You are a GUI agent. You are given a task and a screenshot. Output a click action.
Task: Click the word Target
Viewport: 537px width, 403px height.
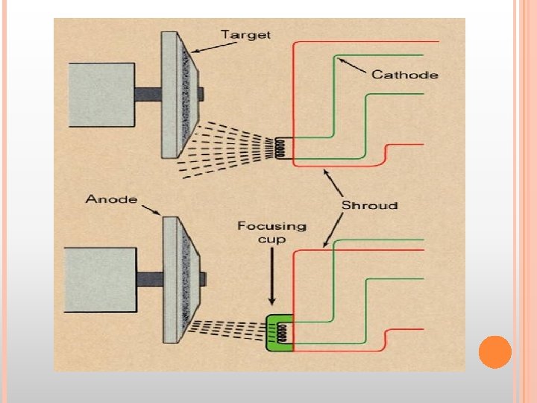click(x=246, y=34)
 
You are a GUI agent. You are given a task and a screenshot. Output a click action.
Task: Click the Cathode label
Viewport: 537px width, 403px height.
click(x=404, y=74)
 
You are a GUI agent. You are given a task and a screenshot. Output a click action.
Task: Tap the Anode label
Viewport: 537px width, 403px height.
click(x=111, y=199)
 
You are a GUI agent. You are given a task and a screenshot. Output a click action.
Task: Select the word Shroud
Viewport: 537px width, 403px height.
click(x=369, y=205)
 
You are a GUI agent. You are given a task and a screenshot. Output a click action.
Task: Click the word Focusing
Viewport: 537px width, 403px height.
click(x=271, y=225)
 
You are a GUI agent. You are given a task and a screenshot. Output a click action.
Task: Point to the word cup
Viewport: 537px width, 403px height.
click(x=271, y=239)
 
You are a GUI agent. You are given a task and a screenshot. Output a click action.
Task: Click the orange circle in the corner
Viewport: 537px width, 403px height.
click(x=494, y=352)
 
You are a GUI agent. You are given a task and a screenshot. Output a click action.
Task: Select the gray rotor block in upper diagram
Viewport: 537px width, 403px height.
click(x=101, y=93)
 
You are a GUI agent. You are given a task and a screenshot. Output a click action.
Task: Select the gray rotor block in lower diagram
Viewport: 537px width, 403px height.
click(x=101, y=281)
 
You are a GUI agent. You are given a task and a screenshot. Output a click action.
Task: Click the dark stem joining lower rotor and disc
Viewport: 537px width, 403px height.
click(x=148, y=281)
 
